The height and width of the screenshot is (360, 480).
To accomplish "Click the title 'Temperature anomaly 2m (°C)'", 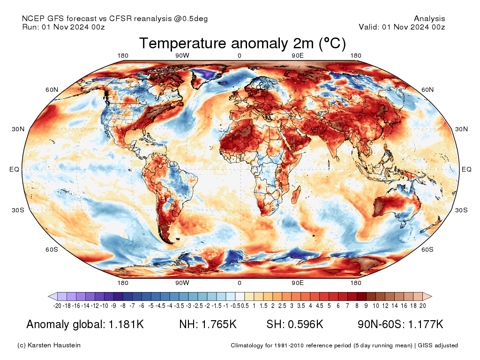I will coord(242,44).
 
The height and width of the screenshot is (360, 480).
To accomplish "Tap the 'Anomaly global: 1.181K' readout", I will coord(85,324).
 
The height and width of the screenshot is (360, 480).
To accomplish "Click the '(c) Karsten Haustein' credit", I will coord(49,345).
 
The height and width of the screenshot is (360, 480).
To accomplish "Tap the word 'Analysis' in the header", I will coord(429,19).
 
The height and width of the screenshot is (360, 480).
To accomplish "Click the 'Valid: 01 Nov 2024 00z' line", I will coord(402,27).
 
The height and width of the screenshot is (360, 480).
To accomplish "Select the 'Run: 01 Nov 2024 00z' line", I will coord(63,27).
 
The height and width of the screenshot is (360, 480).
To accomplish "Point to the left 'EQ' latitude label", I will coord(14,169).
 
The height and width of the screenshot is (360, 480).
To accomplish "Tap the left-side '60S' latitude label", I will coord(52,249).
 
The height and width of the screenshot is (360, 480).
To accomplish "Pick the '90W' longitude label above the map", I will coord(182,56).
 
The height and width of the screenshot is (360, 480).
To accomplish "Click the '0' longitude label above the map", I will coord(240,56).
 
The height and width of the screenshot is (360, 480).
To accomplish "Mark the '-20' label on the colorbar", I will coord(58,306).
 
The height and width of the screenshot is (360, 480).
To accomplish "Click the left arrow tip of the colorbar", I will coord(49,296).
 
